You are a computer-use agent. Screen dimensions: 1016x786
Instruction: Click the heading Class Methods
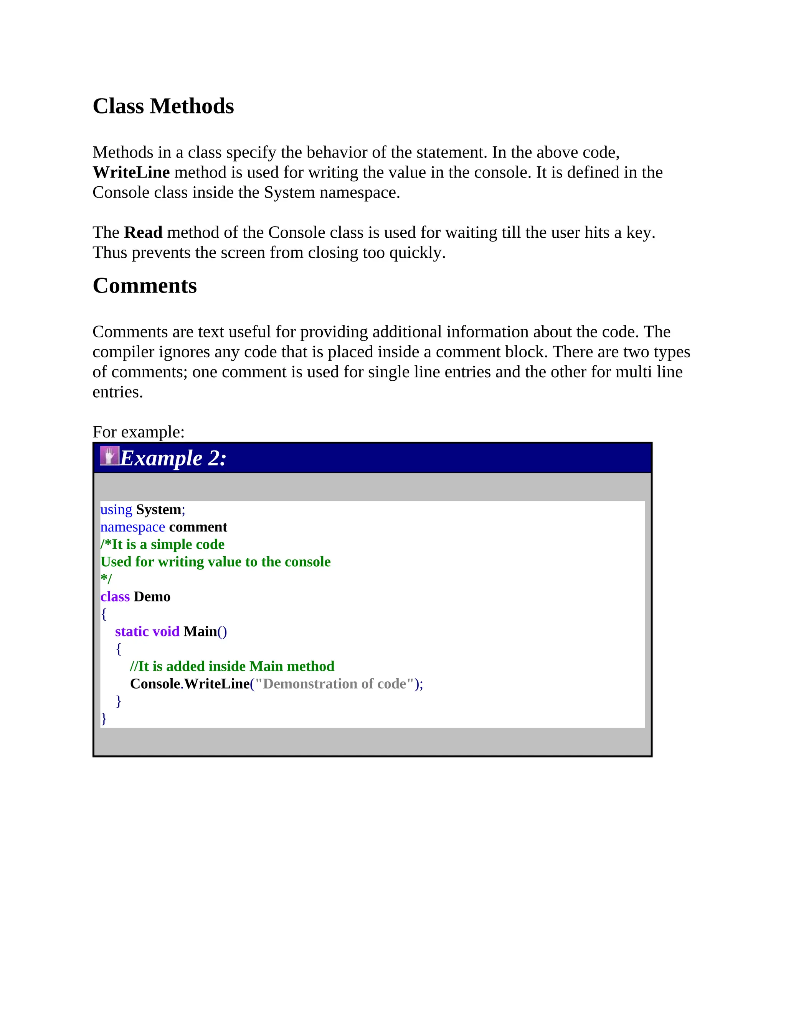pyautogui.click(x=163, y=106)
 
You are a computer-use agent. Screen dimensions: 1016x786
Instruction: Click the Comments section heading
pyautogui.click(x=144, y=286)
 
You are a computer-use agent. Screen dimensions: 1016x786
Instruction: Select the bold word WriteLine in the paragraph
pyautogui.click(x=131, y=173)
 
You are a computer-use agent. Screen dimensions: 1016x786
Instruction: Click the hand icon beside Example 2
pyautogui.click(x=109, y=456)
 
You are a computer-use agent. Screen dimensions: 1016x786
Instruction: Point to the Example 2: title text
pyautogui.click(x=173, y=459)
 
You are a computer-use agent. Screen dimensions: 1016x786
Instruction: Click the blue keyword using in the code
pyautogui.click(x=116, y=510)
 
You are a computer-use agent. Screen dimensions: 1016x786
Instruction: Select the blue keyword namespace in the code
pyautogui.click(x=132, y=527)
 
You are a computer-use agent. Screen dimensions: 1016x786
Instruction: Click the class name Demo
pyautogui.click(x=152, y=597)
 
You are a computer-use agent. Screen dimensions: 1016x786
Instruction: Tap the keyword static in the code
pyautogui.click(x=132, y=632)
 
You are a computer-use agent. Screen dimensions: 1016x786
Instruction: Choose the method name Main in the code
pyautogui.click(x=200, y=632)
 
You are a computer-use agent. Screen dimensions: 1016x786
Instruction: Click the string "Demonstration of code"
pyautogui.click(x=334, y=684)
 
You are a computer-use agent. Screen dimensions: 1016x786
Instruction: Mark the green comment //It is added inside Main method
pyautogui.click(x=232, y=667)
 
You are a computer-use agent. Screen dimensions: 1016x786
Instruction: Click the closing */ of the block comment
pyautogui.click(x=106, y=579)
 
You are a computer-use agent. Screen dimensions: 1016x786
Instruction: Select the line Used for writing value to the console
pyautogui.click(x=215, y=562)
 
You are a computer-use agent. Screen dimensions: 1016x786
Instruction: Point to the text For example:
pyautogui.click(x=138, y=432)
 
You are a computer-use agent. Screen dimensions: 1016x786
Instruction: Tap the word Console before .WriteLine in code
pyautogui.click(x=155, y=684)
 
